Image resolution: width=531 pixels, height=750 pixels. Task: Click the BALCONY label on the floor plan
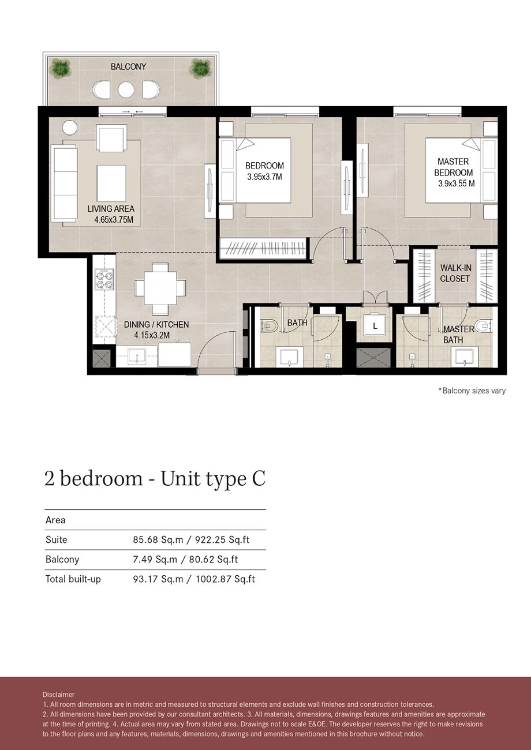pos(128,67)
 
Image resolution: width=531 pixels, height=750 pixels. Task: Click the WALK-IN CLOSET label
pos(455,273)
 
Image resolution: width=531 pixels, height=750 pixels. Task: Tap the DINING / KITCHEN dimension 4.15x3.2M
pos(152,335)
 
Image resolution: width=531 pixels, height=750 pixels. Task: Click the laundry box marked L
pos(375,327)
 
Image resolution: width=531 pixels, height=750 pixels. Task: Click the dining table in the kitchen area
pos(160,287)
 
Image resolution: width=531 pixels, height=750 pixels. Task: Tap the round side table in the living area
pos(69,127)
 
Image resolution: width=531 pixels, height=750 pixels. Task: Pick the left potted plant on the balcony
pos(59,68)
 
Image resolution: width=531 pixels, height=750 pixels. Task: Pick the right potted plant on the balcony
pos(200,68)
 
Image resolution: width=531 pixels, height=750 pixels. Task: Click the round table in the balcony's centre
pos(126,89)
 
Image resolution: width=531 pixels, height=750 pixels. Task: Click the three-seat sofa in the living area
pos(64,183)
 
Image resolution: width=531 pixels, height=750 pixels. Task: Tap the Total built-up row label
pos(73,579)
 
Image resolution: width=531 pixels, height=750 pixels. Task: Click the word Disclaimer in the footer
pos(58,695)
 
